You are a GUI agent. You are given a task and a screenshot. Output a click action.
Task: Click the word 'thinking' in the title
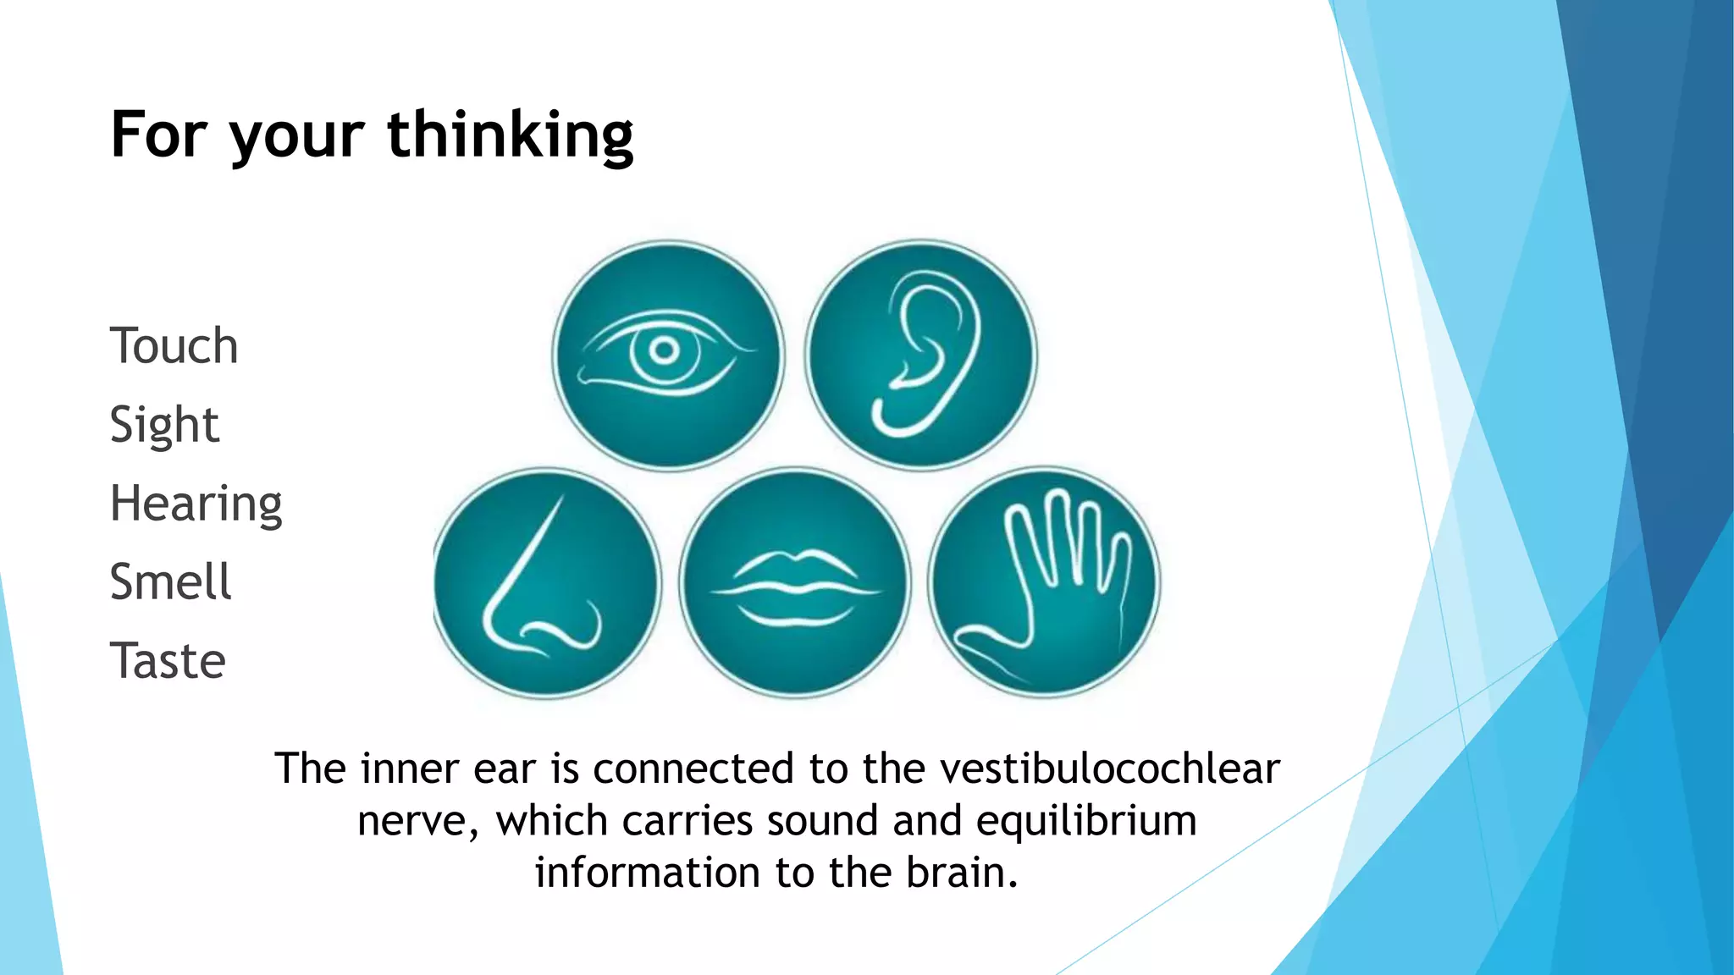tap(511, 135)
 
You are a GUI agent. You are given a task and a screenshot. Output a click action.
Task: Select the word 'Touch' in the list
tap(174, 346)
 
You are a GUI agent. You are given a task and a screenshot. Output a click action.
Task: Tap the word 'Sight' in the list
tap(164, 425)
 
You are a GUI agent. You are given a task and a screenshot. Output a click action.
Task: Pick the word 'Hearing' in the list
tap(196, 504)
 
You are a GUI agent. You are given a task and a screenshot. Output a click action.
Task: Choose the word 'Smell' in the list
tap(170, 582)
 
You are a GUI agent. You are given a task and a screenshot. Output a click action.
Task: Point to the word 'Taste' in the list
tap(168, 661)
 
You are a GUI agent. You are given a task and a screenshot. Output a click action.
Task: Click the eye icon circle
tap(668, 355)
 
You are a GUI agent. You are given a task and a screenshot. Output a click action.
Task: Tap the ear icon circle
tap(921, 355)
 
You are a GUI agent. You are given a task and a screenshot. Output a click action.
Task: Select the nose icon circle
tap(546, 583)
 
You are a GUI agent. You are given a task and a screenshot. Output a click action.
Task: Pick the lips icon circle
tap(795, 583)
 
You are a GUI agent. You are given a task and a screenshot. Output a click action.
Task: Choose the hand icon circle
tap(1044, 583)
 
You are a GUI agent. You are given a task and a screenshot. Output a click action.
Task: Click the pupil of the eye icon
tap(665, 350)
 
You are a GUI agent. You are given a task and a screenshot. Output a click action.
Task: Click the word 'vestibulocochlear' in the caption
tap(1110, 769)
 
